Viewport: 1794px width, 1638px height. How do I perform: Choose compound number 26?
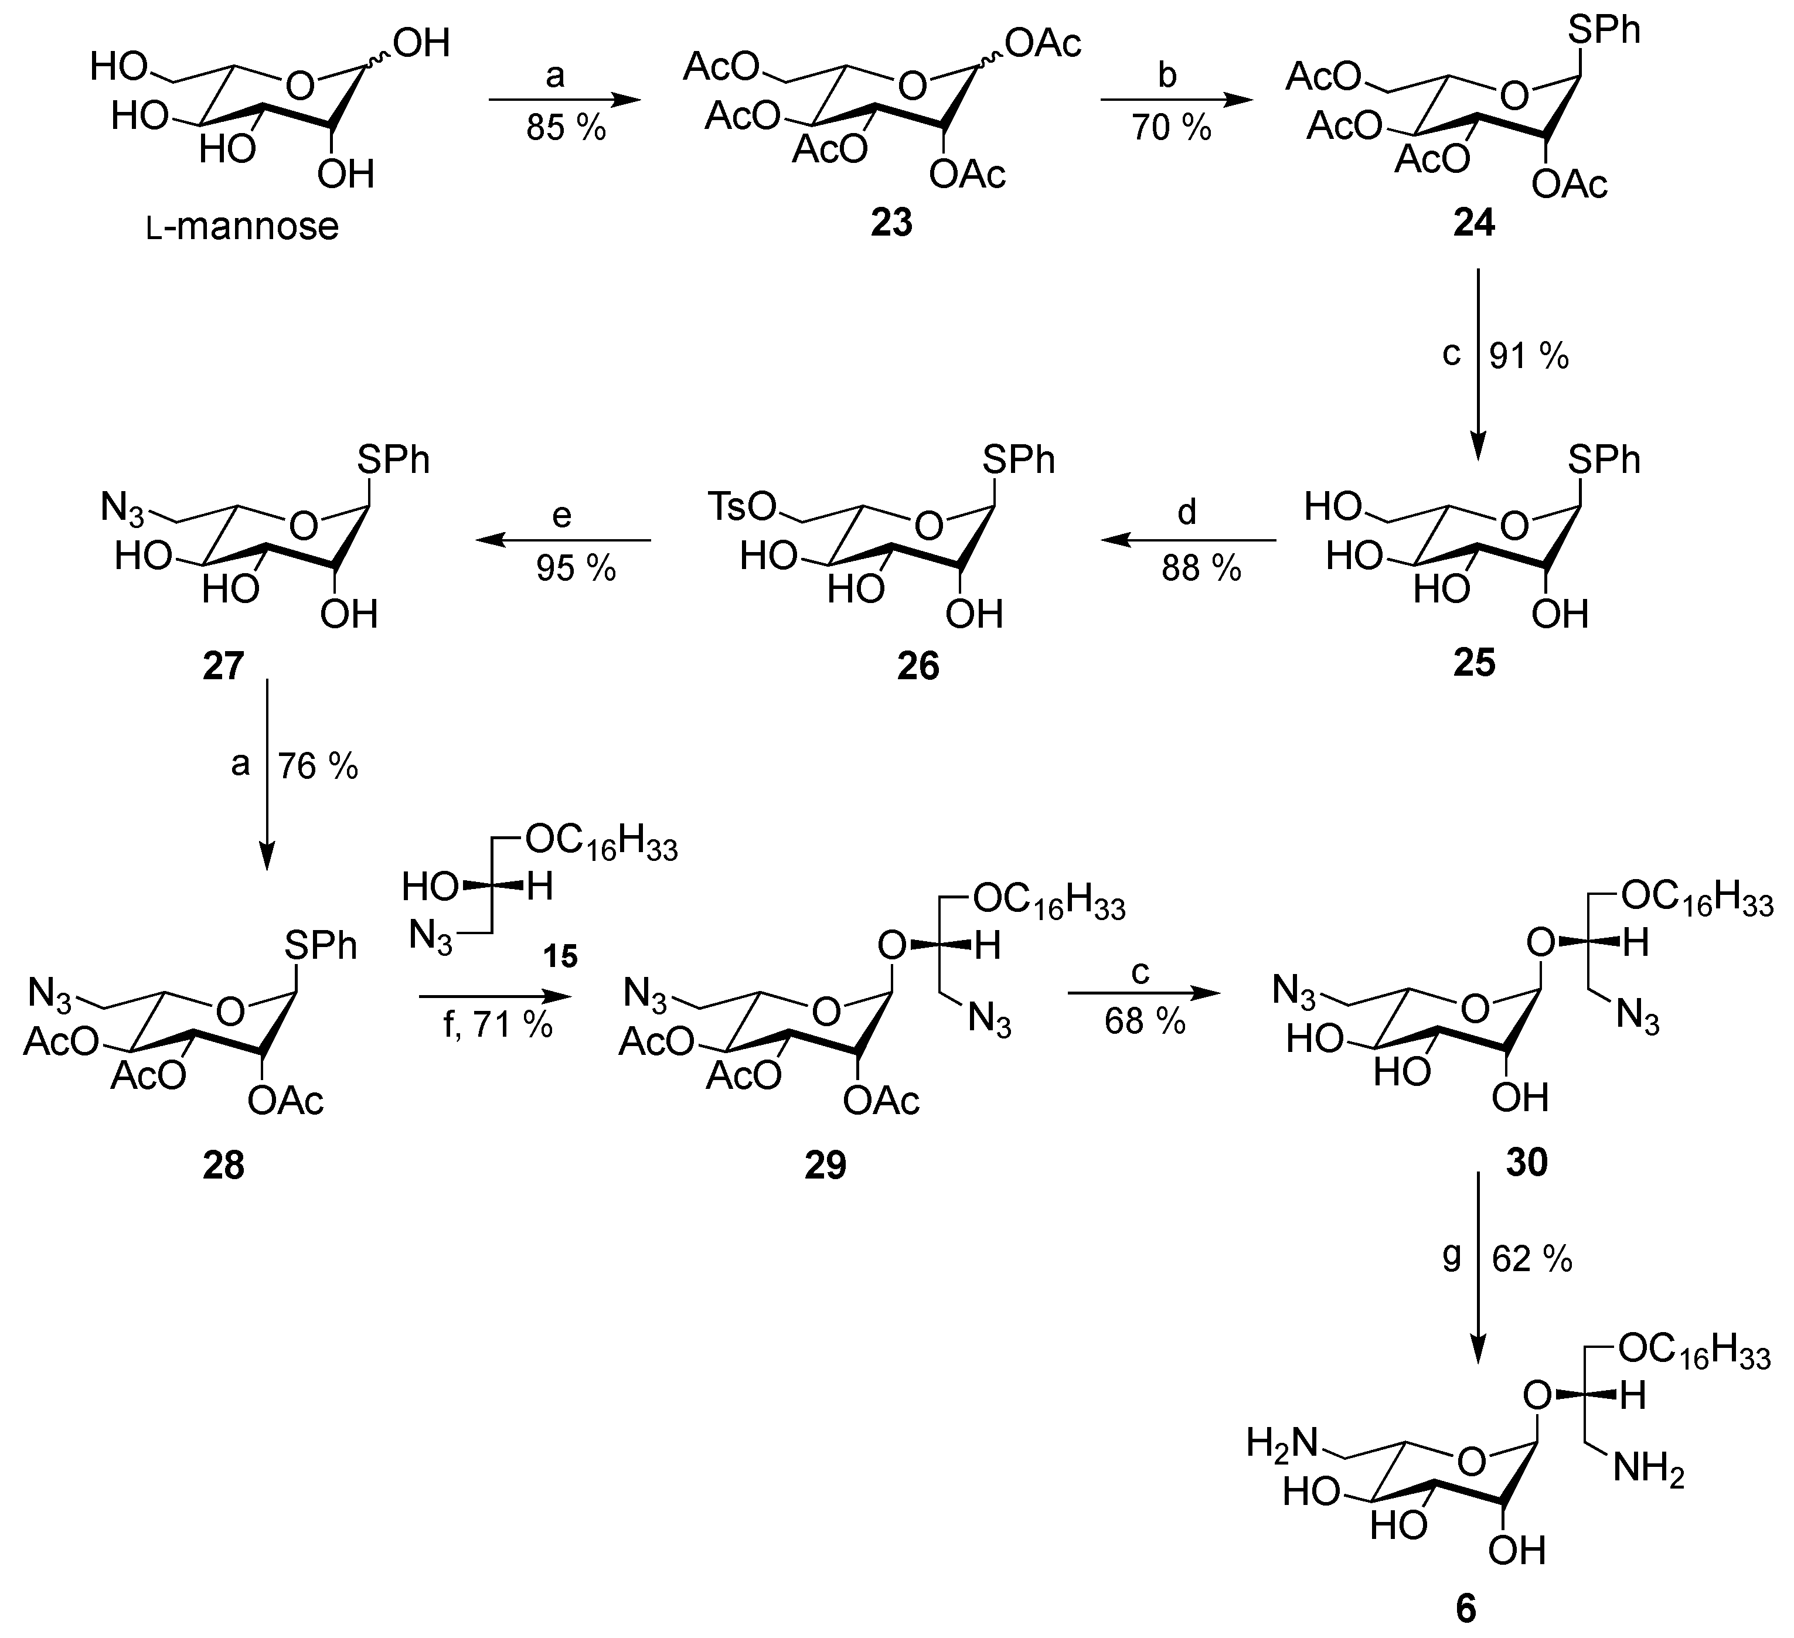click(x=917, y=666)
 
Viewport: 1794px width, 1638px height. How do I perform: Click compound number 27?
click(x=223, y=666)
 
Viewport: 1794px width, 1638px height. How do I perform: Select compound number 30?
click(x=1527, y=1162)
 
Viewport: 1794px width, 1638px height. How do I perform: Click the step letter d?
click(x=1187, y=513)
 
